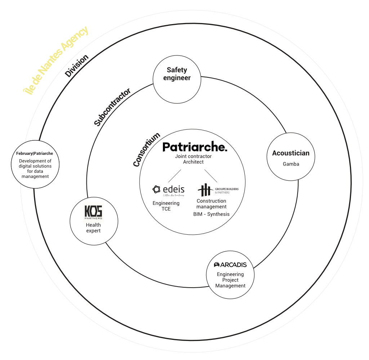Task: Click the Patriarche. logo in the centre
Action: point(195,147)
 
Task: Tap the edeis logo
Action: point(168,190)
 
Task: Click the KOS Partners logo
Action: point(93,212)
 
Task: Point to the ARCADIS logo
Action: point(230,265)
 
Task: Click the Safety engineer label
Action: point(177,74)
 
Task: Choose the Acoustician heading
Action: point(290,153)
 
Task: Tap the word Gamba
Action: point(291,164)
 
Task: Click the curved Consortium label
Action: point(146,150)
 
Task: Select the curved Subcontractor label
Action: point(112,107)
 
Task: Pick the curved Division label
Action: point(76,66)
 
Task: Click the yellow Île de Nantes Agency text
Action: point(55,60)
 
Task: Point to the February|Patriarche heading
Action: point(35,153)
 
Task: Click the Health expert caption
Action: point(93,228)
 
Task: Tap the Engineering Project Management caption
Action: point(230,280)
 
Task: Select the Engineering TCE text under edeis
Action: point(166,206)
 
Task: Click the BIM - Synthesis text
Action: point(212,214)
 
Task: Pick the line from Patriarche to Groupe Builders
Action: point(211,176)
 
